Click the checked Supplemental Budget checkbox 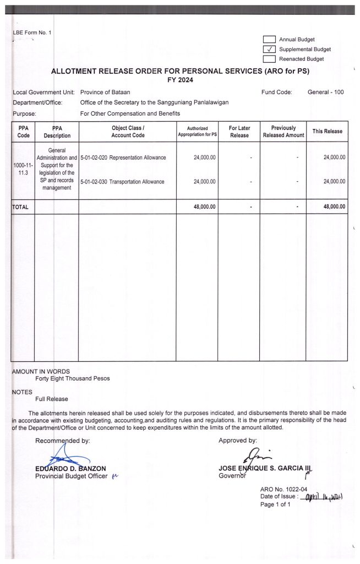[x=269, y=49]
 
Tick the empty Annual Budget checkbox [x=269, y=39]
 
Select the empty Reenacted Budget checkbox [x=269, y=58]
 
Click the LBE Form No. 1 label [x=31, y=33]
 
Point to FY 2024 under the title [x=180, y=80]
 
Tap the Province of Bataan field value [x=105, y=92]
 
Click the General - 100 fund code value [x=325, y=92]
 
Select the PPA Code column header [x=24, y=132]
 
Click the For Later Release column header [x=239, y=132]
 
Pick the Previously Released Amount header [x=283, y=132]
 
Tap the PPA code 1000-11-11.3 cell [x=24, y=169]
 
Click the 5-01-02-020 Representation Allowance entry [x=123, y=158]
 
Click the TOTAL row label [x=20, y=207]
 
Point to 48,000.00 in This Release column [x=333, y=207]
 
